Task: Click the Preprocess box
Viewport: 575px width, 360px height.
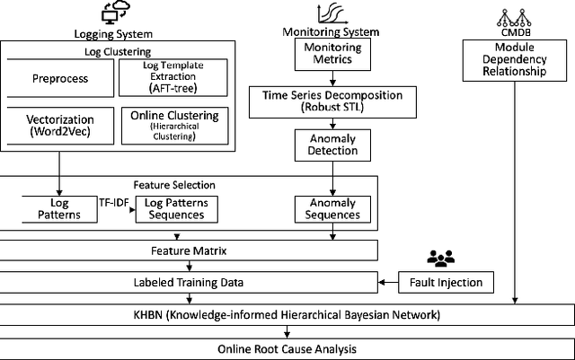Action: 61,78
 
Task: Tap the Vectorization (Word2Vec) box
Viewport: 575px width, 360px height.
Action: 60,126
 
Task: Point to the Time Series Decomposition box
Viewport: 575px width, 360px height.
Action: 333,101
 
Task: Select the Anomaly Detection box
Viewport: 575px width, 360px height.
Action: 333,145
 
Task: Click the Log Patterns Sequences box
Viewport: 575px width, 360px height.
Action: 177,209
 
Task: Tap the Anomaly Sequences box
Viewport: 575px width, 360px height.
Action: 332,209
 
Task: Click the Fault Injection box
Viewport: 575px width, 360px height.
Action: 441,283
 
